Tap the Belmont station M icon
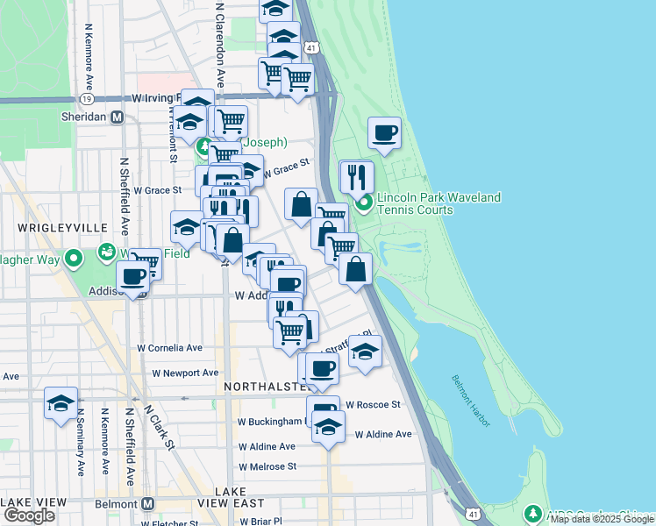click(x=147, y=505)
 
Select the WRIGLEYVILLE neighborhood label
click(x=53, y=227)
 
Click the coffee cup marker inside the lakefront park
click(x=384, y=134)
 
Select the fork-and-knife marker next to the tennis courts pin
click(x=356, y=176)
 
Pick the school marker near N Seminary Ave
click(x=61, y=403)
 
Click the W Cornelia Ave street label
click(x=170, y=348)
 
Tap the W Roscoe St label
click(x=373, y=405)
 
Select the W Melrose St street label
click(x=267, y=466)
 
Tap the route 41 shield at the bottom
click(x=473, y=513)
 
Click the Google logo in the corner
click(x=28, y=515)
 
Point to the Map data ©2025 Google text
click(x=602, y=520)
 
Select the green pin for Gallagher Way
click(x=74, y=259)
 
